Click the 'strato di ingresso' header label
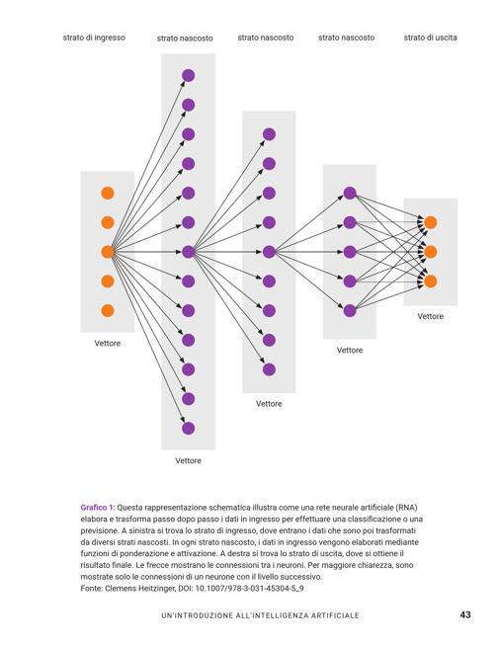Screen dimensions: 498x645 coord(94,38)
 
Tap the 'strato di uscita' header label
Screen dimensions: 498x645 coord(430,38)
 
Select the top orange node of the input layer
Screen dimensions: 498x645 coord(108,193)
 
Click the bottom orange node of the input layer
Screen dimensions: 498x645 coord(108,310)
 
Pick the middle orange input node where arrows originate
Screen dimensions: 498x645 coord(108,252)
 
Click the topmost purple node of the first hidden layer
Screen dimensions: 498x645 coord(188,76)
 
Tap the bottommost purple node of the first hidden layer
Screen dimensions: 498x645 coord(188,429)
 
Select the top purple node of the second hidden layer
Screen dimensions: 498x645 coord(269,134)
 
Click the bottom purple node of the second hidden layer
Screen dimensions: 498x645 coord(269,369)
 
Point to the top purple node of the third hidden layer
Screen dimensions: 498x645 coord(350,193)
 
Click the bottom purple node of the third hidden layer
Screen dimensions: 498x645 coord(350,310)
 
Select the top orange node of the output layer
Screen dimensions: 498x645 coord(430,222)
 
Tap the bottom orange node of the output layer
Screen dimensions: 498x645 coord(430,282)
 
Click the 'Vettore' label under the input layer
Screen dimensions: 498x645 coord(108,343)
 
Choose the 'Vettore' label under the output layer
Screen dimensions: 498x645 coord(430,316)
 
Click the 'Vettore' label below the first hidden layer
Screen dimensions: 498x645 coord(188,460)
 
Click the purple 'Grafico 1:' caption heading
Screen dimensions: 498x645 coord(98,508)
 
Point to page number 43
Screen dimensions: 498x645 coord(465,614)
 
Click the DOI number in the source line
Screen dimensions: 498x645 coord(249,589)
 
